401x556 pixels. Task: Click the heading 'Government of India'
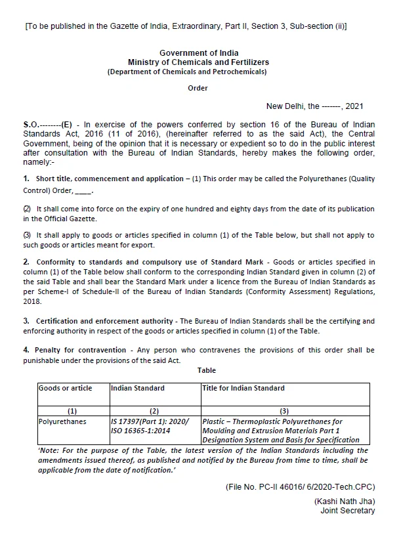pyautogui.click(x=199, y=53)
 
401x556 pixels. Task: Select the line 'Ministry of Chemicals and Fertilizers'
pyautogui.click(x=198, y=62)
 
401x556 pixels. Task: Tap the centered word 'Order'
pyautogui.click(x=198, y=89)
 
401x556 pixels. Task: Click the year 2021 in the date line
pyautogui.click(x=354, y=106)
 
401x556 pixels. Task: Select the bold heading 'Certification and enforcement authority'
pyautogui.click(x=101, y=321)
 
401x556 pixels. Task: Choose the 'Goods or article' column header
pyautogui.click(x=66, y=389)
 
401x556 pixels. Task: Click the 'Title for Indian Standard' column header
pyautogui.click(x=243, y=389)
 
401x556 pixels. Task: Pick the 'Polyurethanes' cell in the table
pyautogui.click(x=62, y=421)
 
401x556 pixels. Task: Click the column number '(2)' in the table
pyautogui.click(x=155, y=411)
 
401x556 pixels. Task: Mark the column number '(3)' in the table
pyautogui.click(x=284, y=411)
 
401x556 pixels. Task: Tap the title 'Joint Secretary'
pyautogui.click(x=348, y=511)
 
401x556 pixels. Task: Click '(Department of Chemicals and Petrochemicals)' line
pyautogui.click(x=187, y=72)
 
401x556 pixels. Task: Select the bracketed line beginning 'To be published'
pyautogui.click(x=186, y=27)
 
